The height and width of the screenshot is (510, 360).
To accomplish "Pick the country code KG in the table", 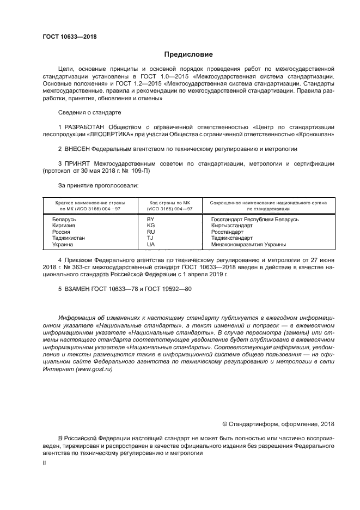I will click(151, 226).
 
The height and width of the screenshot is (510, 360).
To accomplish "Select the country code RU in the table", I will click(151, 232).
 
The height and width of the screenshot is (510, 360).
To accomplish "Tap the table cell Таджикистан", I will click(68, 238).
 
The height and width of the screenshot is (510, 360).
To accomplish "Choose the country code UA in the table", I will click(151, 245).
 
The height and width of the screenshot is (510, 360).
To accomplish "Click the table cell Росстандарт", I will click(227, 232).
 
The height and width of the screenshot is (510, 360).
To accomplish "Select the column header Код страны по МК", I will click(170, 202).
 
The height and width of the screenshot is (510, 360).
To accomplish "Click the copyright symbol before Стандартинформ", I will click(225, 424).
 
